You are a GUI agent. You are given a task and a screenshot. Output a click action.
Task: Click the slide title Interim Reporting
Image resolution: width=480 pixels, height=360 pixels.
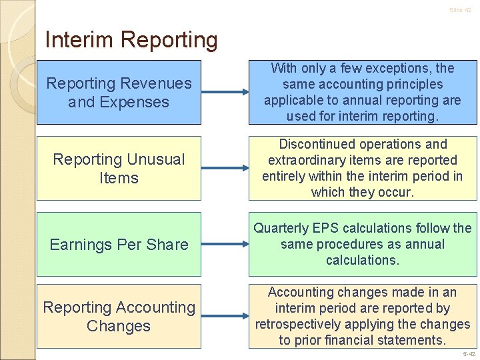[x=131, y=40]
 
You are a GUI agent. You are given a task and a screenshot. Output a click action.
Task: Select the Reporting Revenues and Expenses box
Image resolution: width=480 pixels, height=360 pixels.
[x=119, y=93]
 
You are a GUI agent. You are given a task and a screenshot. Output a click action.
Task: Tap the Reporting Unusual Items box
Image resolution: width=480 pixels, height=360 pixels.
[x=119, y=169]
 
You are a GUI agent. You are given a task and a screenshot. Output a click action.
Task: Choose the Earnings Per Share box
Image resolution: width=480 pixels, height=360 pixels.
[x=119, y=245]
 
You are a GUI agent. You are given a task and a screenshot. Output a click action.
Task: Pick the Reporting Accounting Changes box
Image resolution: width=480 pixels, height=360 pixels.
[x=119, y=317]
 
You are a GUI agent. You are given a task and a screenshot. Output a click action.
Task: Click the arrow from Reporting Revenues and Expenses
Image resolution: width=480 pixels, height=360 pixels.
[x=225, y=93]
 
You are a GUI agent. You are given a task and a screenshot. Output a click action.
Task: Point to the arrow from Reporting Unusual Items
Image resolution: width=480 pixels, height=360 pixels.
[x=225, y=169]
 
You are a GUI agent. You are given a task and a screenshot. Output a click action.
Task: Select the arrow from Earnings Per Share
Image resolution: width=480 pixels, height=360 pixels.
[x=225, y=245]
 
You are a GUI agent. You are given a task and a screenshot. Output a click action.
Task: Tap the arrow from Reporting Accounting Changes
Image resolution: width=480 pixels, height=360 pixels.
[x=225, y=317]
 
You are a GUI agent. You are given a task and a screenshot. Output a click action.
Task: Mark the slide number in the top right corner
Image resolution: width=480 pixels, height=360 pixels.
[x=459, y=10]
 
